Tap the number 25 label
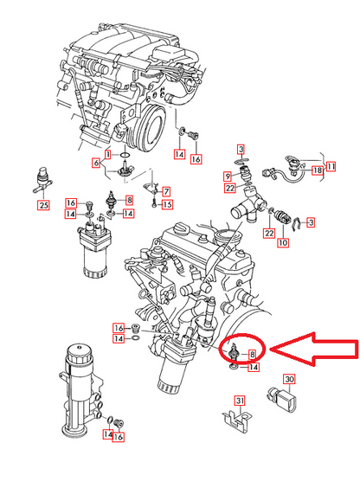click(x=42, y=205)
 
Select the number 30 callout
click(x=289, y=380)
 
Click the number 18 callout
click(x=318, y=172)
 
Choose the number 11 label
click(x=331, y=163)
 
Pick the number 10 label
click(x=281, y=244)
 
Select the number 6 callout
click(x=96, y=163)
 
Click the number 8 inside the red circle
click(x=252, y=354)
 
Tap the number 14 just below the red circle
click(x=254, y=368)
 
